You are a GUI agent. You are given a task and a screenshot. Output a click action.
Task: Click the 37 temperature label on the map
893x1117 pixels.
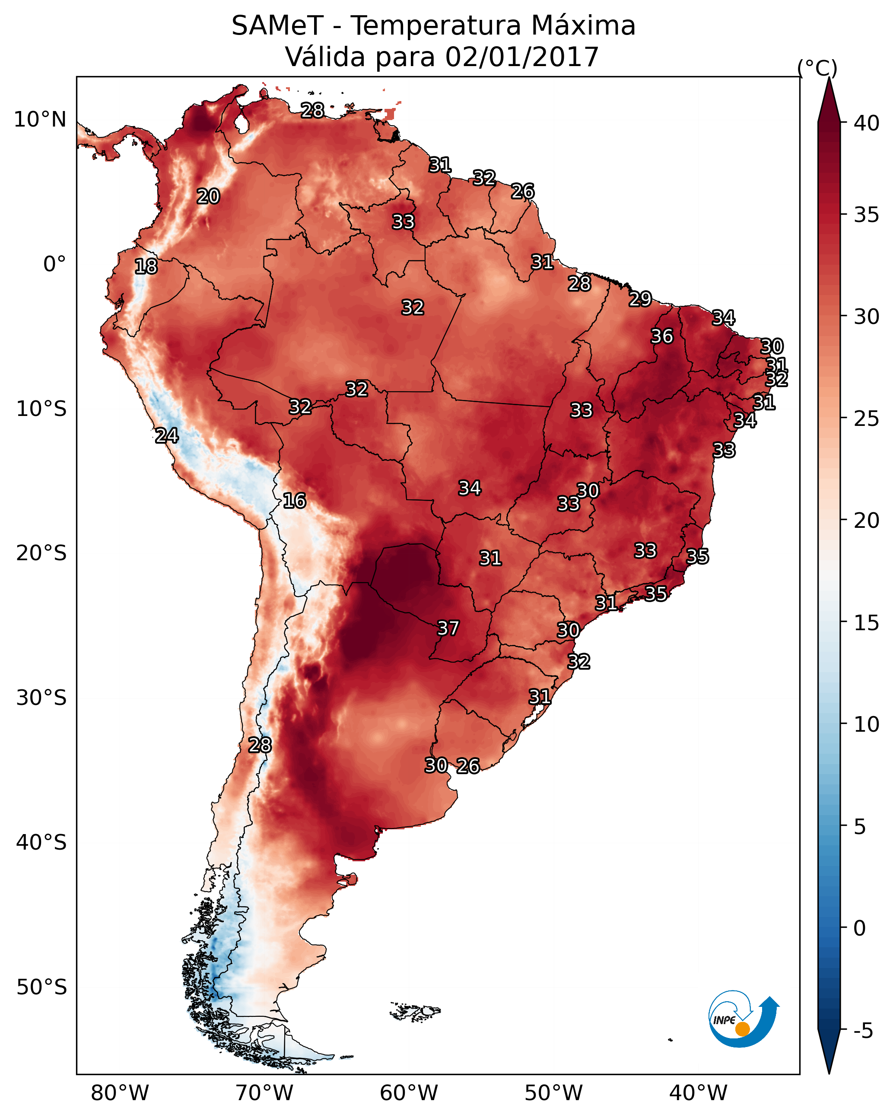click(448, 628)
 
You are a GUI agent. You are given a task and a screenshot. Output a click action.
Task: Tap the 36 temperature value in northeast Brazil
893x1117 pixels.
click(662, 336)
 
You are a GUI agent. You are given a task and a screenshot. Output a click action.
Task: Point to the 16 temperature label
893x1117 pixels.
click(294, 501)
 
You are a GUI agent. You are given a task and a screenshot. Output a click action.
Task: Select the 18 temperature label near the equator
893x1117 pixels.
click(146, 267)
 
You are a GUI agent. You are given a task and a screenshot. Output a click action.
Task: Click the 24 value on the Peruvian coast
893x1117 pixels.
click(167, 436)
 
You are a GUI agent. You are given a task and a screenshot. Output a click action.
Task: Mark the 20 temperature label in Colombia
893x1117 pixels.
click(208, 197)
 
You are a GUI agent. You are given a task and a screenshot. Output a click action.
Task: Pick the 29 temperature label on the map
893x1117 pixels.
click(640, 299)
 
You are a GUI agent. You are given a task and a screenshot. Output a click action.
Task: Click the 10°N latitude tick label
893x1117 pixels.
click(40, 120)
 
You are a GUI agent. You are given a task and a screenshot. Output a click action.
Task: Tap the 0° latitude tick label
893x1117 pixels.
click(54, 264)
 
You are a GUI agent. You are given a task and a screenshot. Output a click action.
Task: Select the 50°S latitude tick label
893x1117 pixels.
click(41, 987)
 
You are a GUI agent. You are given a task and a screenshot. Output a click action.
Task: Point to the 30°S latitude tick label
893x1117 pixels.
click(41, 698)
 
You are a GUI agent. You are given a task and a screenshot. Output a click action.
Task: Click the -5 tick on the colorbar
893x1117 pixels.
click(863, 1031)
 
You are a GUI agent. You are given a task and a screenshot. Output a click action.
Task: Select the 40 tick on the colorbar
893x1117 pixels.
click(867, 123)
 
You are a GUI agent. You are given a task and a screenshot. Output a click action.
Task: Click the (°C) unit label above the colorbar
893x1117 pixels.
click(817, 68)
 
